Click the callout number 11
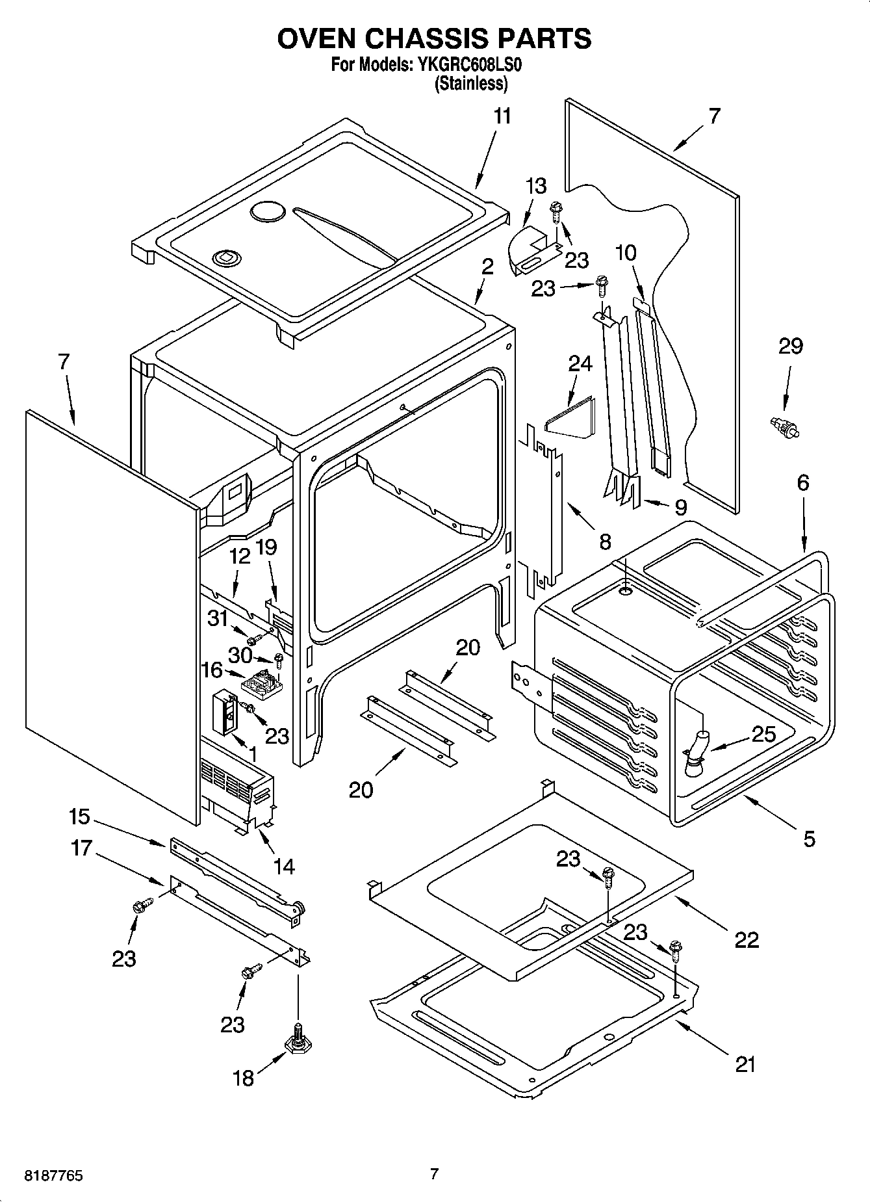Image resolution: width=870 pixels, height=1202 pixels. tap(502, 116)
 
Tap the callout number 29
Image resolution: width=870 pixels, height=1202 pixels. tap(790, 346)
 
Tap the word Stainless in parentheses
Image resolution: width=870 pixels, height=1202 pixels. tap(471, 83)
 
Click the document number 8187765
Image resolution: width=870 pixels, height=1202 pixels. tap(53, 1176)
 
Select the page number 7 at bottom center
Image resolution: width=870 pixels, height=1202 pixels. tap(434, 1174)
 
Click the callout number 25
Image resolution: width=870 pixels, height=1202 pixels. tap(763, 735)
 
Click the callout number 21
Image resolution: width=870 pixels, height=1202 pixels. tap(745, 1065)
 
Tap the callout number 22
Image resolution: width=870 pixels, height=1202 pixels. tap(746, 940)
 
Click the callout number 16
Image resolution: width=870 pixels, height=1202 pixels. tap(212, 670)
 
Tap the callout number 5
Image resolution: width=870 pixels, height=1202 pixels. tap(808, 839)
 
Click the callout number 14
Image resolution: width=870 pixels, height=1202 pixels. tap(284, 867)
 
